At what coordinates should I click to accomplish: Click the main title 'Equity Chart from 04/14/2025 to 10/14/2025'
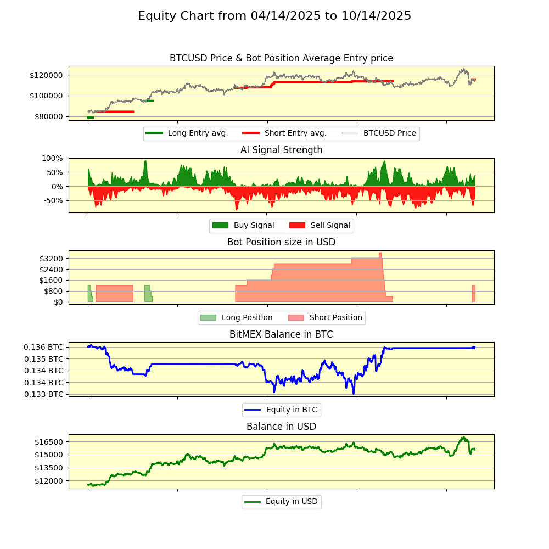274,16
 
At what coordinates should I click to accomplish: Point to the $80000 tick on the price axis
50,116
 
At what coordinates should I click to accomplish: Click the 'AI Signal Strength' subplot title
281,150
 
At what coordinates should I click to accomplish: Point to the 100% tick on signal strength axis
53,158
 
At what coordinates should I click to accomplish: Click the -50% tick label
53,200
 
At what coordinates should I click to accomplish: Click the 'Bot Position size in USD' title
281,242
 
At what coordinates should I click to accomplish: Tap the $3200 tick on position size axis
51,259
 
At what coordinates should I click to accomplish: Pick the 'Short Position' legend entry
335,318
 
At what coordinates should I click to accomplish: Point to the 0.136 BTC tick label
43,347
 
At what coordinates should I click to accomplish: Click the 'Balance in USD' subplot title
281,427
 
